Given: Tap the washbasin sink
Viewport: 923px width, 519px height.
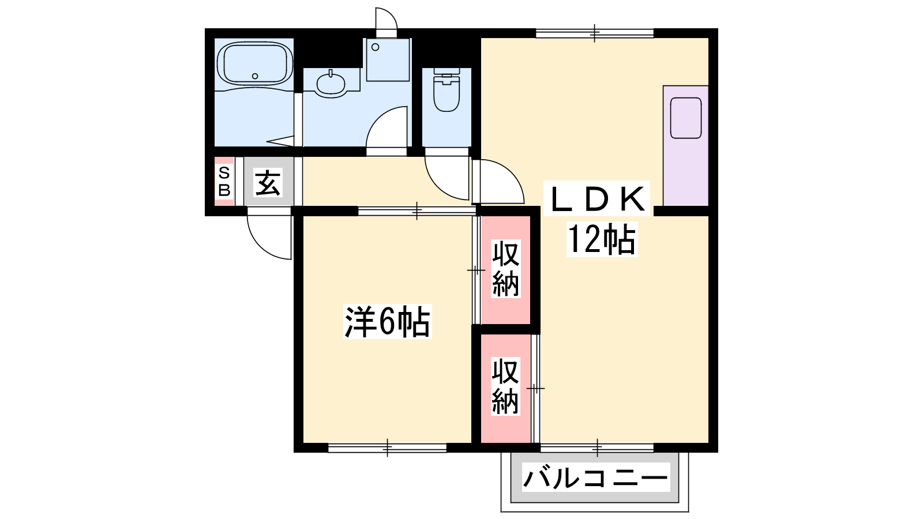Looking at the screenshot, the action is click(331, 84).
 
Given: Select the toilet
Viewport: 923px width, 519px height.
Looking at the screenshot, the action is click(447, 90).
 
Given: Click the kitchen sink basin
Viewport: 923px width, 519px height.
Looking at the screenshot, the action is click(686, 118).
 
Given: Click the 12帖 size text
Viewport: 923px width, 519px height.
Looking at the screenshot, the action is click(602, 240).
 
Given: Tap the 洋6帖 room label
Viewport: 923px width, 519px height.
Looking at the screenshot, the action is click(387, 321).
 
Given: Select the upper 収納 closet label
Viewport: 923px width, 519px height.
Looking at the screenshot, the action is click(505, 269).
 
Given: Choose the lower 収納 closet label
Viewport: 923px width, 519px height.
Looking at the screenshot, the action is click(505, 386).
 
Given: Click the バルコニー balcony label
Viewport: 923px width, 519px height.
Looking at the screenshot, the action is click(595, 477).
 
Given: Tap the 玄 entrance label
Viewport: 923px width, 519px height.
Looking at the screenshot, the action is click(268, 182).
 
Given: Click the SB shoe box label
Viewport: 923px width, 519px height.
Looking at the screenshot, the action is click(224, 181).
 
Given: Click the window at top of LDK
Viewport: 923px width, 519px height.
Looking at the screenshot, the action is click(595, 33).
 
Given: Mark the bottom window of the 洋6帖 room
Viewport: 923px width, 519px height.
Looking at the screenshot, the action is click(387, 447).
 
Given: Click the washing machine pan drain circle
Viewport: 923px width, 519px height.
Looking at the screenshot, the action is click(375, 47).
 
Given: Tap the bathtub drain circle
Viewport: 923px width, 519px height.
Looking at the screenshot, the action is click(255, 76).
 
